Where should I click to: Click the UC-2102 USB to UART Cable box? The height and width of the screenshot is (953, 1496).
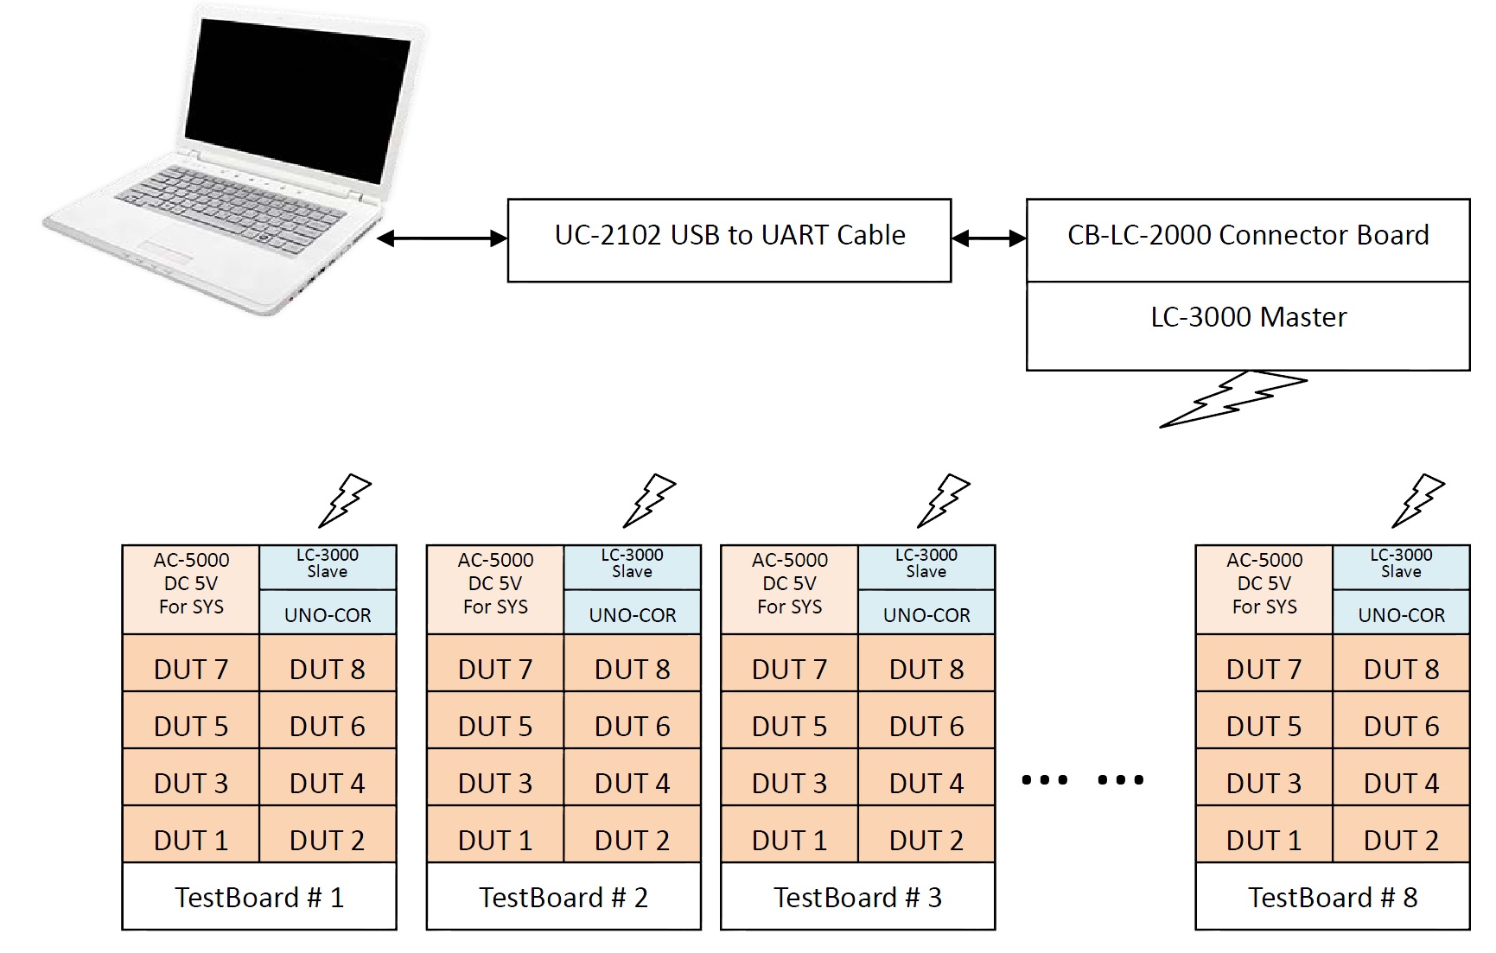point(729,240)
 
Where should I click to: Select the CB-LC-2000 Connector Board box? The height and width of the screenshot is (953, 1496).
point(1247,239)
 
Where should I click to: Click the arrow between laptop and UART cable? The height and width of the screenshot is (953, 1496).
point(442,238)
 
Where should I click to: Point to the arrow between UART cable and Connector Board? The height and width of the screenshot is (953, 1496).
point(989,238)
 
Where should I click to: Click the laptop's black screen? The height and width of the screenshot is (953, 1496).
point(296,95)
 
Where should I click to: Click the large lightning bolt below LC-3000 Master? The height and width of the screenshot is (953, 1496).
point(1233,398)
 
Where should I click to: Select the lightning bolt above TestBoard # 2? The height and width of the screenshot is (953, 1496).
point(650,500)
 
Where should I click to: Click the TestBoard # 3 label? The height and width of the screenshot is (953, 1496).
point(857,897)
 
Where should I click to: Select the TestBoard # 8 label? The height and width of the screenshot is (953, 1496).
point(1332,897)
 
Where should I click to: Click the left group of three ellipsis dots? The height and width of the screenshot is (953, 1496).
point(1044,779)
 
